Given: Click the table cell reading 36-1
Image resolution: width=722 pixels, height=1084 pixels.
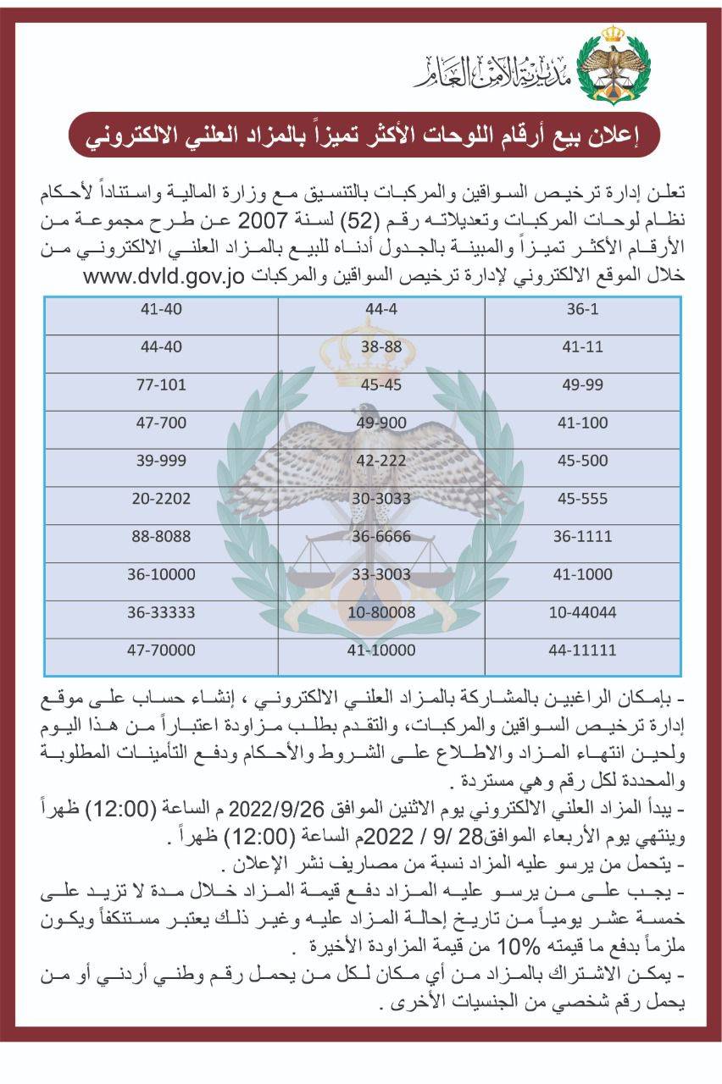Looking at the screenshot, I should (x=582, y=309).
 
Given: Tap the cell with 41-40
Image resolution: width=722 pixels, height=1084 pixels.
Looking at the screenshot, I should (x=161, y=309).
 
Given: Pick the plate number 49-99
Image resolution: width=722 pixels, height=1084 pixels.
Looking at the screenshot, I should (x=582, y=384).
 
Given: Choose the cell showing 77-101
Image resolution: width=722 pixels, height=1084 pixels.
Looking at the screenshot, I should (x=161, y=384).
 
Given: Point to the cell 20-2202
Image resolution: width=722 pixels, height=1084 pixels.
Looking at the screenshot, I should (x=161, y=499).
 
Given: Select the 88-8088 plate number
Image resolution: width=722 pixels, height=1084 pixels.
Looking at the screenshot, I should (x=161, y=536).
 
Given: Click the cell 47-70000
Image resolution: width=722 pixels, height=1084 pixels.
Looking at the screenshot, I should (x=161, y=650).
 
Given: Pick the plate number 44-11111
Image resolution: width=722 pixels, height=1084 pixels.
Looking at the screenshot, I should (x=582, y=650).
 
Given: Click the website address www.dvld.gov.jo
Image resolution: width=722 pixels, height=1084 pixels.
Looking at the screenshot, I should (x=169, y=277).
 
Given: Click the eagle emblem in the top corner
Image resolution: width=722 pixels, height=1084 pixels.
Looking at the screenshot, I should (x=612, y=64).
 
